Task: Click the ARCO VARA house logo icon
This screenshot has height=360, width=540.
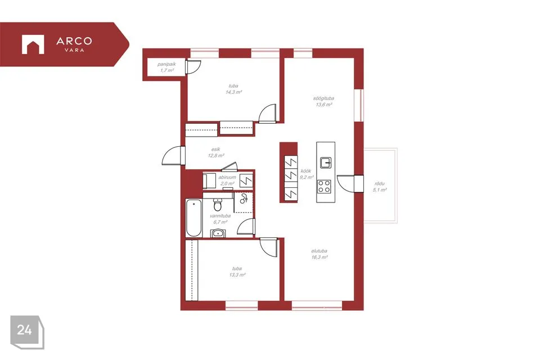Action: pyautogui.click(x=33, y=44)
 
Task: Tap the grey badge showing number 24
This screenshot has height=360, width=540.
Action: pyautogui.click(x=27, y=332)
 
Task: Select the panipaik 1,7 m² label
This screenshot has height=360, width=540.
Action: pyautogui.click(x=166, y=67)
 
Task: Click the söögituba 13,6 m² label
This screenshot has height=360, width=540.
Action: pyautogui.click(x=324, y=101)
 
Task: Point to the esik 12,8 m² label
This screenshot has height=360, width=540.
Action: pyautogui.click(x=216, y=152)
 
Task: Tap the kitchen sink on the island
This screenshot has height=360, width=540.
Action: pyautogui.click(x=326, y=162)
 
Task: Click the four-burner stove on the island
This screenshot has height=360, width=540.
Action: pyautogui.click(x=324, y=186)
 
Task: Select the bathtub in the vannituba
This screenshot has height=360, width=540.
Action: pyautogui.click(x=193, y=217)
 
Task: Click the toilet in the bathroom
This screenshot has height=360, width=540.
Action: pyautogui.click(x=218, y=204)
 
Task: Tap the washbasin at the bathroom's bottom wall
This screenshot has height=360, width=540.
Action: pyautogui.click(x=217, y=233)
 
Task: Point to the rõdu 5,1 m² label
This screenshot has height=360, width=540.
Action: pyautogui.click(x=380, y=187)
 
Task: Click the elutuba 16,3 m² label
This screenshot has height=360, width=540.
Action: pyautogui.click(x=319, y=254)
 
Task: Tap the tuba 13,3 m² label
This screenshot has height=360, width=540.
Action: pyautogui.click(x=237, y=272)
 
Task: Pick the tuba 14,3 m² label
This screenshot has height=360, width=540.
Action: pyautogui.click(x=233, y=89)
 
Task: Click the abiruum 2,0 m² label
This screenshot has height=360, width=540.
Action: pyautogui.click(x=227, y=180)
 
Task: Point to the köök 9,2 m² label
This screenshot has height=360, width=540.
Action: pyautogui.click(x=306, y=174)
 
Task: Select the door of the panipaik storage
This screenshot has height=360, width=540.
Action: pyautogui.click(x=193, y=67)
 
